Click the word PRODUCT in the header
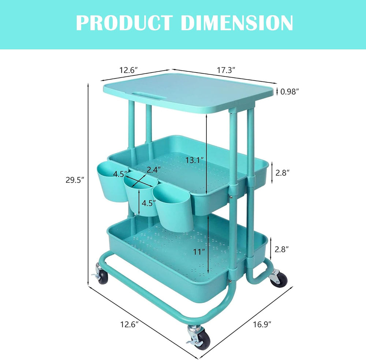(124, 23)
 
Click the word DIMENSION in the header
(237, 23)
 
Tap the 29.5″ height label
(75, 180)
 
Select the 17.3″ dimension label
(226, 70)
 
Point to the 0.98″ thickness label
(290, 92)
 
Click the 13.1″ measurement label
(195, 160)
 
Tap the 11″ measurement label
(199, 252)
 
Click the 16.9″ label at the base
(262, 324)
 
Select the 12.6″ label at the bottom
(129, 324)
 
